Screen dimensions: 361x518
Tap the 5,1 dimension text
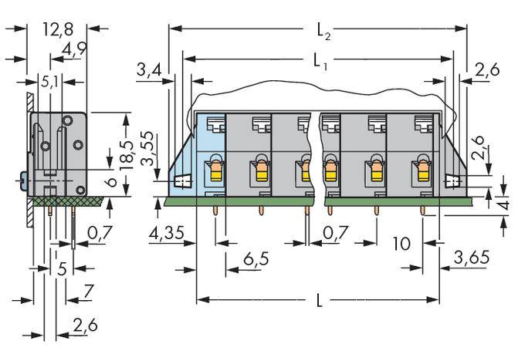(x=48, y=79)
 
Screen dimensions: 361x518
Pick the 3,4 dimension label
(x=148, y=72)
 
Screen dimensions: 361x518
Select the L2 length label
(x=323, y=31)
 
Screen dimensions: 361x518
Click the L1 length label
(x=320, y=60)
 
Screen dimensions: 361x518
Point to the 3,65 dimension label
(x=471, y=258)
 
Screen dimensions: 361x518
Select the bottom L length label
(x=320, y=301)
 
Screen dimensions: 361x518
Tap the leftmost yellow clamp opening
(x=214, y=170)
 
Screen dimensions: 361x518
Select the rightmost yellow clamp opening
(x=423, y=170)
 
